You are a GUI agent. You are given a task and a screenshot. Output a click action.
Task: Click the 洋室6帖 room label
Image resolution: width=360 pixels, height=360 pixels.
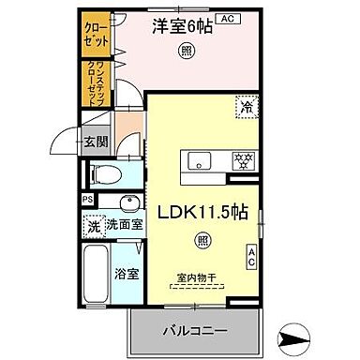pos(182,27)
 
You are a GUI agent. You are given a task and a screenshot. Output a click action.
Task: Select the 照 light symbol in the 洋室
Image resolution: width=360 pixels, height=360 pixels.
pos(188,52)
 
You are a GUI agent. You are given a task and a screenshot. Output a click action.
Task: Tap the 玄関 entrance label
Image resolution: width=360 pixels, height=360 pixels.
pos(95,143)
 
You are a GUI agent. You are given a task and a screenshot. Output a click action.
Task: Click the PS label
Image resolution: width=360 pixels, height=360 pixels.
pos(86,200)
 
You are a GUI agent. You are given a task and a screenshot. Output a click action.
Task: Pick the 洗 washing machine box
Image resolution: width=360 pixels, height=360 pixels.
pos(94,225)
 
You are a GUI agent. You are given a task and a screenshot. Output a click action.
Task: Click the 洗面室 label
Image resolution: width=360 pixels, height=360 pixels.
pos(123,225)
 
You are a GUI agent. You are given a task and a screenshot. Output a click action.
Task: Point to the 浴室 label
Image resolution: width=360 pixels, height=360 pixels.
pos(127,276)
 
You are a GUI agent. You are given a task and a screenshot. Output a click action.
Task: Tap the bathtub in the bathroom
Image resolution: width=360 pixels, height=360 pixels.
pos(98,276)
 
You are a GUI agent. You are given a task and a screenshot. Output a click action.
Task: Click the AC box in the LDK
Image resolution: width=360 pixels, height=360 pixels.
pos(251,255)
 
